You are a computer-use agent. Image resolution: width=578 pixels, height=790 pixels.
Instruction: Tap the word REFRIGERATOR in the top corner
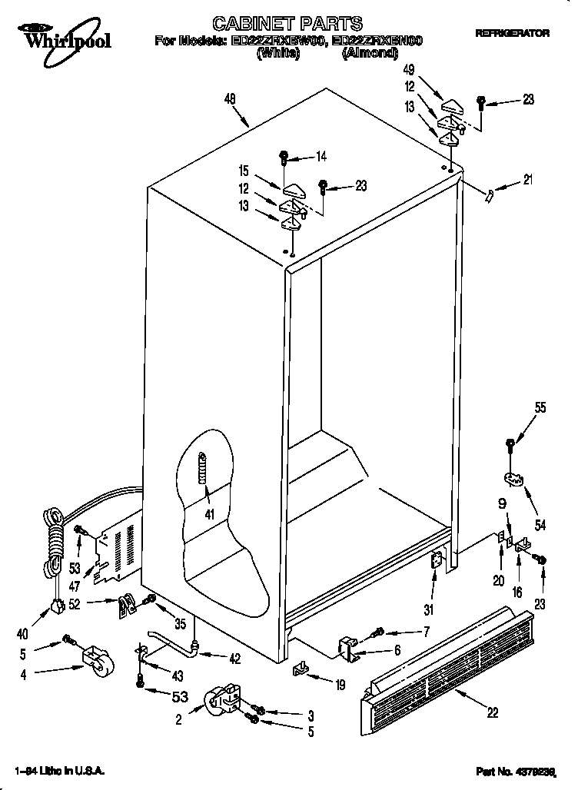click(513, 34)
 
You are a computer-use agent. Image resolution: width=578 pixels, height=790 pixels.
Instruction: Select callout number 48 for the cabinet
click(229, 98)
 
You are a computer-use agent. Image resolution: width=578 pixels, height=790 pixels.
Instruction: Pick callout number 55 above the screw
click(540, 408)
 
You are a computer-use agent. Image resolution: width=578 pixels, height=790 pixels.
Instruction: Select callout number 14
click(321, 156)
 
